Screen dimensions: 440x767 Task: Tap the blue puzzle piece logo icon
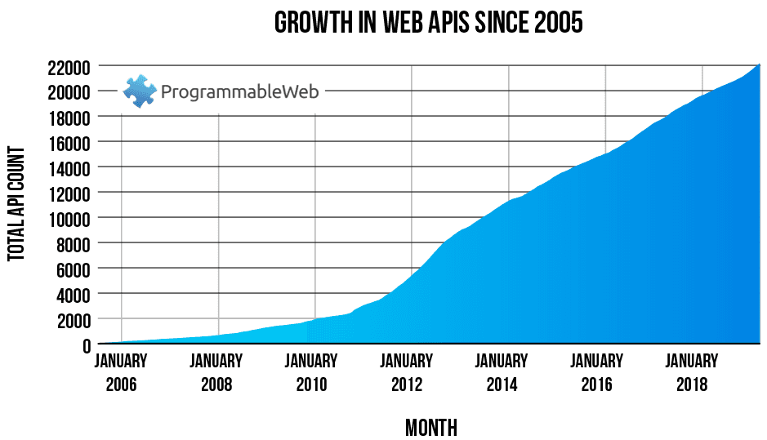[139, 91]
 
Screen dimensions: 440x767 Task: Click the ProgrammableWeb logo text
[239, 91]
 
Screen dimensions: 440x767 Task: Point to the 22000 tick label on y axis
[68, 66]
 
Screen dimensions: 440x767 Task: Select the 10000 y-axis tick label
[68, 218]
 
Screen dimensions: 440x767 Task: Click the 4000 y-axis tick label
[72, 294]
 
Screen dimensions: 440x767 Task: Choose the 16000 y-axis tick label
[68, 142]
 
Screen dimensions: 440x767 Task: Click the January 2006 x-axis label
[121, 372]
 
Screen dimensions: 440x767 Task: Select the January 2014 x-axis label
[502, 372]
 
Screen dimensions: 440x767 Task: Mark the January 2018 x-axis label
[691, 372]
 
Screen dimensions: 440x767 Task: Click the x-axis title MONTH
[430, 427]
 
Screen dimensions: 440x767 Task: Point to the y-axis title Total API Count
[16, 204]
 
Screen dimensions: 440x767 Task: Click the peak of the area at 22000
[760, 64]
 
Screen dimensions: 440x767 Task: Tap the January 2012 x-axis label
[406, 372]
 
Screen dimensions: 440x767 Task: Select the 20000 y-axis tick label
[68, 91]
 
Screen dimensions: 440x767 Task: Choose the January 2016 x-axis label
[596, 372]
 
